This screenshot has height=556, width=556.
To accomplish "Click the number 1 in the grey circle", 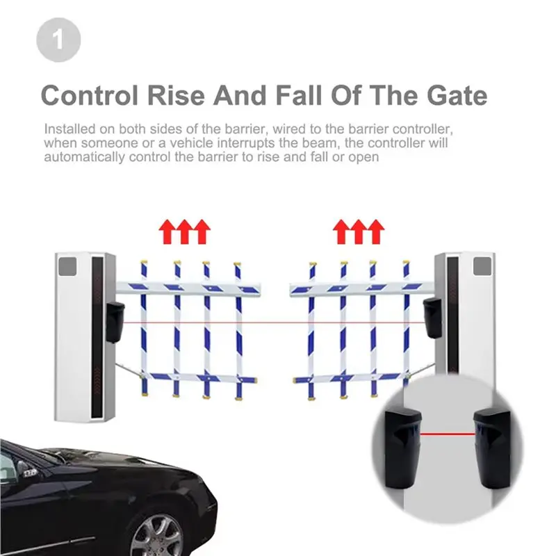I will pyautogui.click(x=58, y=40).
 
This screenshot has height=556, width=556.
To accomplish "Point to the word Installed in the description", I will pyautogui.click(x=67, y=130).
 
